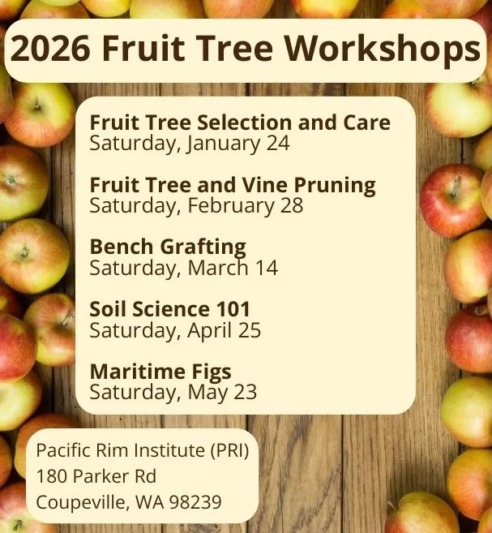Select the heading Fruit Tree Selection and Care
tap(240, 123)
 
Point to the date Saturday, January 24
tap(190, 144)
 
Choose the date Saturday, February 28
tap(196, 205)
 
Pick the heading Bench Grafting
tap(168, 247)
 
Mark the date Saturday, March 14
tap(183, 267)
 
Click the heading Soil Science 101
tap(170, 309)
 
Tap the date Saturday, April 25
tap(175, 330)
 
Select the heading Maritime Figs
tap(160, 372)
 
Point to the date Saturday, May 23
tap(173, 393)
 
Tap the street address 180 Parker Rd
tap(96, 476)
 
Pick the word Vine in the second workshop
tap(268, 185)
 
